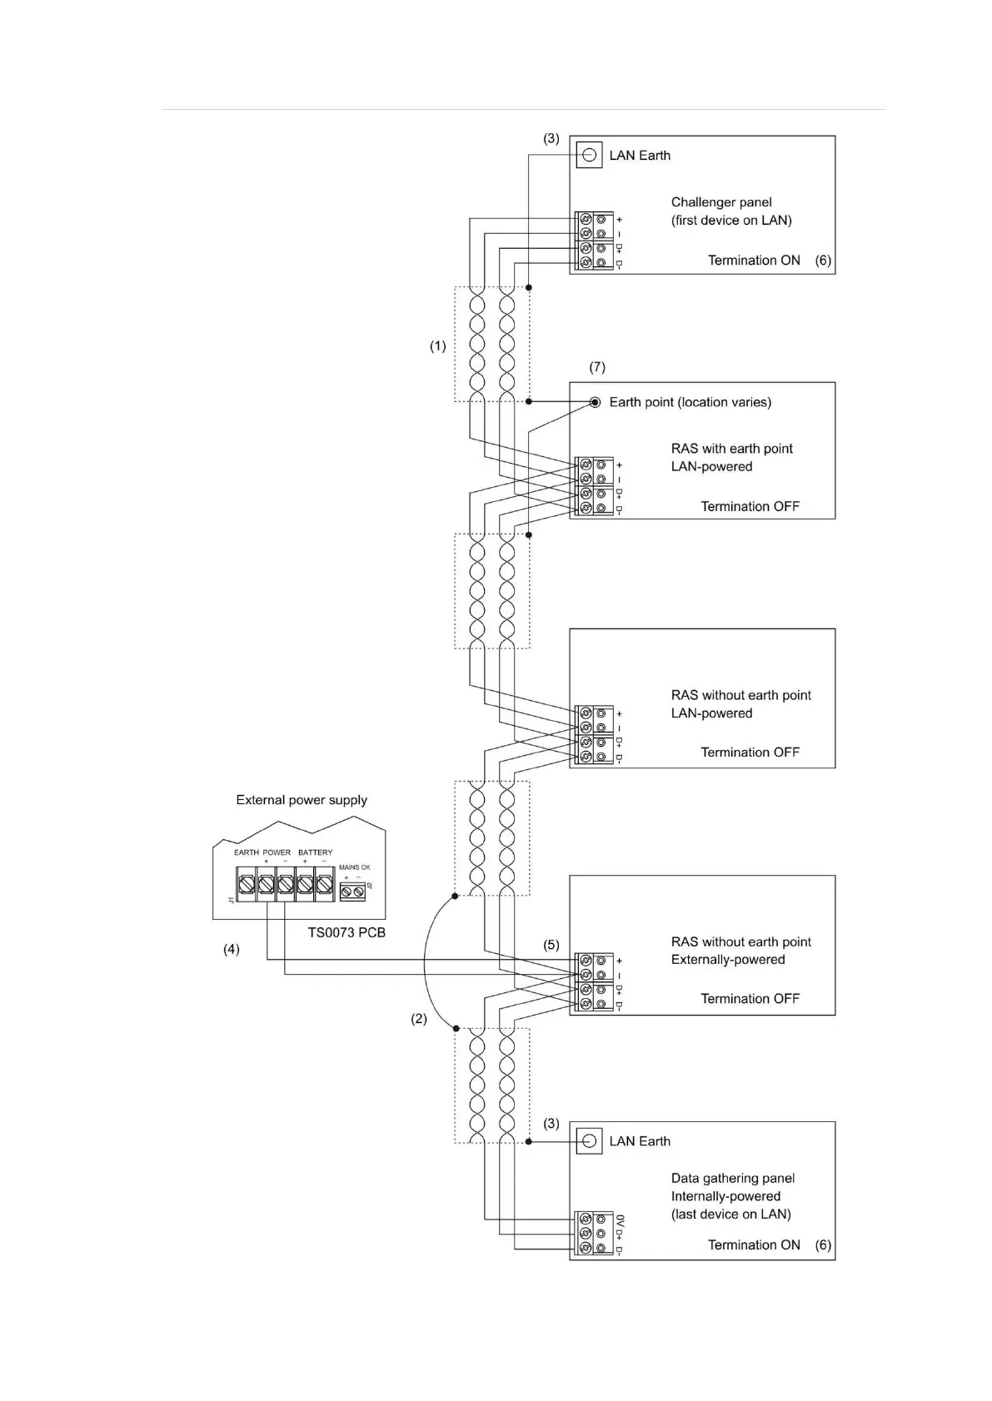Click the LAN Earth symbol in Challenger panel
point(589,156)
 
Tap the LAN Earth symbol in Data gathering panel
point(589,1140)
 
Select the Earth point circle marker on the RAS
point(595,402)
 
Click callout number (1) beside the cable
point(437,346)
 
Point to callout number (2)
point(418,1018)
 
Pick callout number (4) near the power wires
point(231,949)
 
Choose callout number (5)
point(551,945)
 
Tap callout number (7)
point(597,367)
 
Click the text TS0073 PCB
point(346,932)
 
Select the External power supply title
point(302,800)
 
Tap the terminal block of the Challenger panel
point(594,241)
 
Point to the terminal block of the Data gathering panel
point(594,1234)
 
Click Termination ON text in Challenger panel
point(754,261)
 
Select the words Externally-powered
point(728,960)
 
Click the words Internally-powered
point(725,1196)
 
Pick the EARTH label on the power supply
point(247,852)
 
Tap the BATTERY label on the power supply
point(315,852)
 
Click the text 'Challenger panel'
point(721,202)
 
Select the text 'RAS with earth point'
point(732,449)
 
